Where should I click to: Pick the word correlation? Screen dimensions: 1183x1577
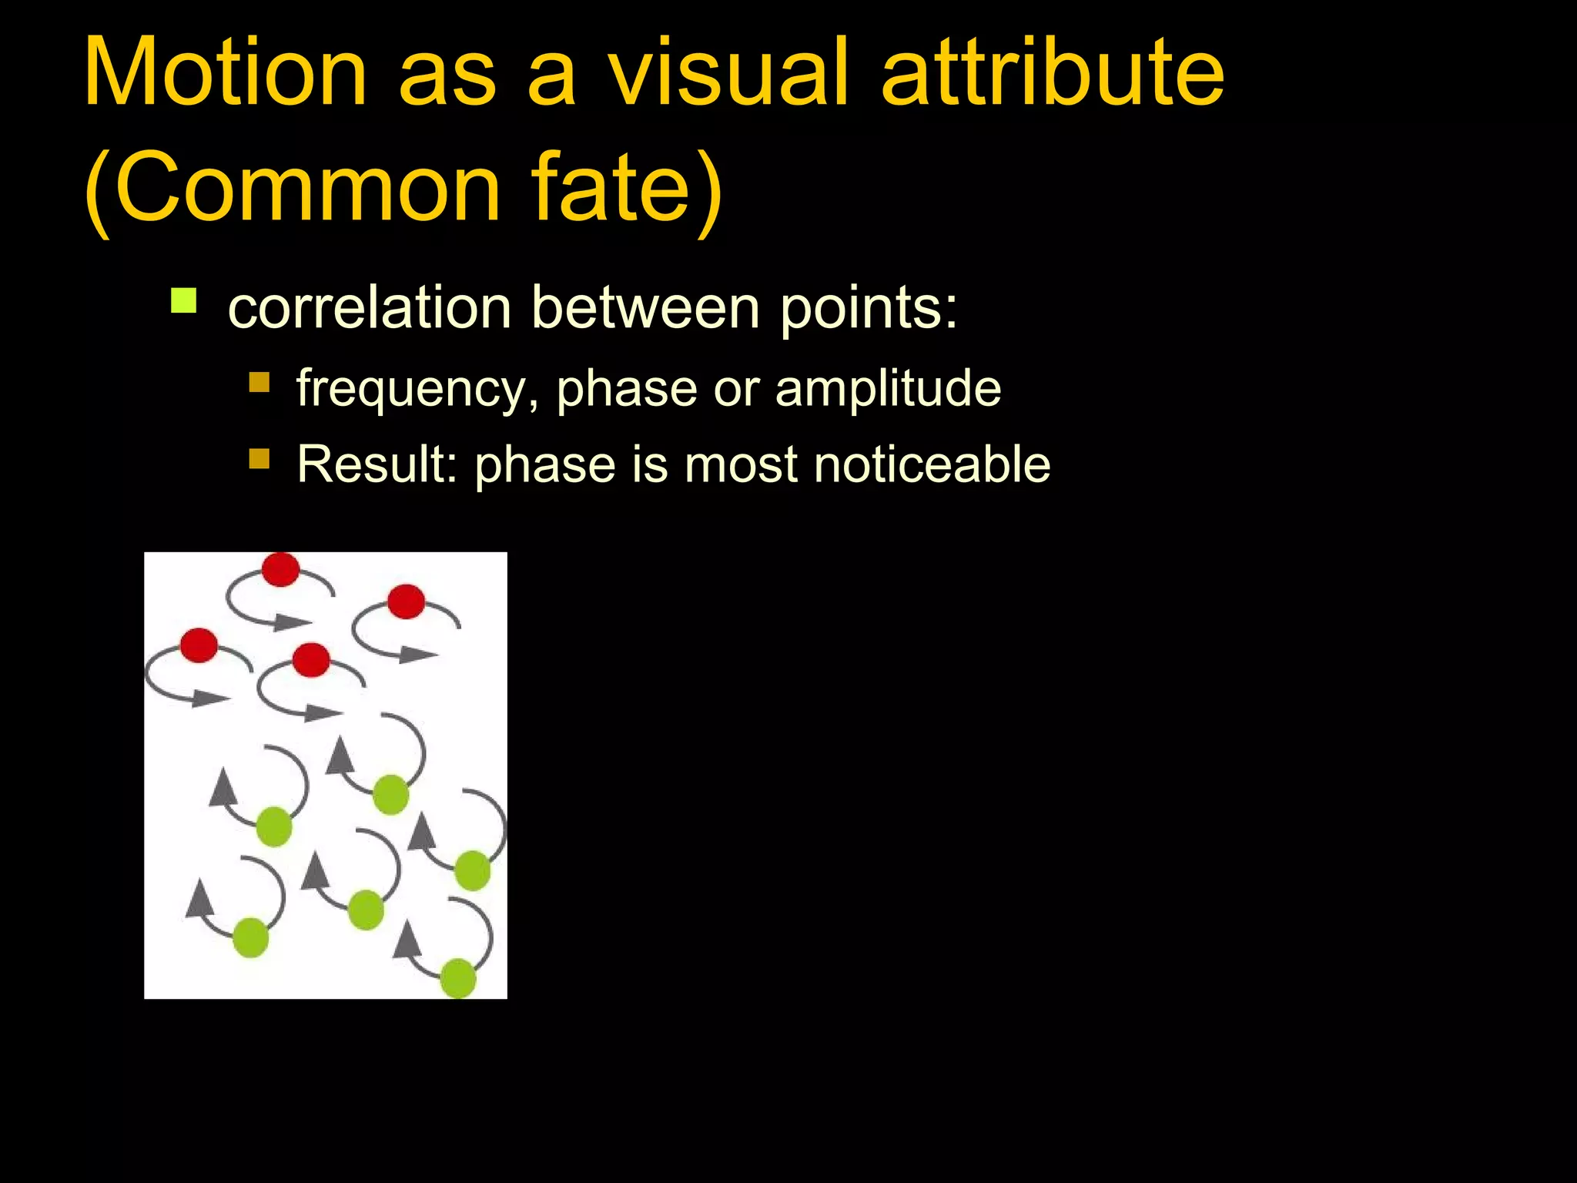(x=370, y=307)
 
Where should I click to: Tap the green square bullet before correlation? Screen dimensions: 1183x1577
(x=184, y=300)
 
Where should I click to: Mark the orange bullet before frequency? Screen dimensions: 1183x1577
(x=259, y=382)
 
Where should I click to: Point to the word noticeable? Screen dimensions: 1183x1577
(x=932, y=464)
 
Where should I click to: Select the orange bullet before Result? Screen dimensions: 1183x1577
(x=259, y=459)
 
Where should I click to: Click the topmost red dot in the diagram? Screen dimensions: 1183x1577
(x=280, y=569)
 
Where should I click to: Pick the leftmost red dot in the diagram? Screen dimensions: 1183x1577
(x=199, y=645)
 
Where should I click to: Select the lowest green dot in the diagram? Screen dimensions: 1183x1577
(x=458, y=978)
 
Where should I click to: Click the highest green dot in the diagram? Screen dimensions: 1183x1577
(x=390, y=795)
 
